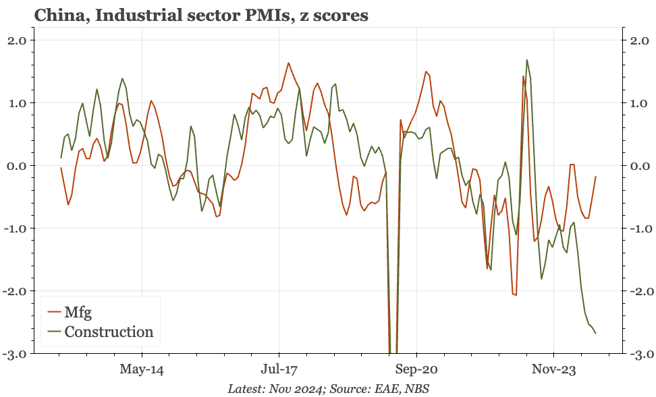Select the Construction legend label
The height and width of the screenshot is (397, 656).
[x=109, y=332]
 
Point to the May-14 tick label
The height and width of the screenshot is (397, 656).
[x=142, y=369]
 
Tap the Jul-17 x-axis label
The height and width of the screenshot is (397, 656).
[x=279, y=369]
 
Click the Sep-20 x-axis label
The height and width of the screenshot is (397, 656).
[x=416, y=369]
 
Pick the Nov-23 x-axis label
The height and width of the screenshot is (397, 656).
[x=553, y=369]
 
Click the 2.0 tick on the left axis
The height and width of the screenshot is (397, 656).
[x=25, y=40]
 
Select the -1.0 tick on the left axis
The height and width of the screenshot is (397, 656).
[x=24, y=228]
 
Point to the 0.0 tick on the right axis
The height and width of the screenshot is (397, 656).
[x=638, y=166]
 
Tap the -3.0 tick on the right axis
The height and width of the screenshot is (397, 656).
[x=636, y=354]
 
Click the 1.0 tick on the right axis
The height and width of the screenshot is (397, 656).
[x=638, y=103]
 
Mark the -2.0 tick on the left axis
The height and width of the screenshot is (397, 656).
[x=24, y=291]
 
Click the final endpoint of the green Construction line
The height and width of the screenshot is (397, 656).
[x=595, y=333]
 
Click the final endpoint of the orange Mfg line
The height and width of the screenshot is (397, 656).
[x=596, y=177]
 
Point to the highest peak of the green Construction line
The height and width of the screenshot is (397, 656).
[x=527, y=60]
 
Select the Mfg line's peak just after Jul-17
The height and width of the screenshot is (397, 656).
[x=288, y=63]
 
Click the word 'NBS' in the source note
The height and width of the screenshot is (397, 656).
[x=416, y=389]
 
